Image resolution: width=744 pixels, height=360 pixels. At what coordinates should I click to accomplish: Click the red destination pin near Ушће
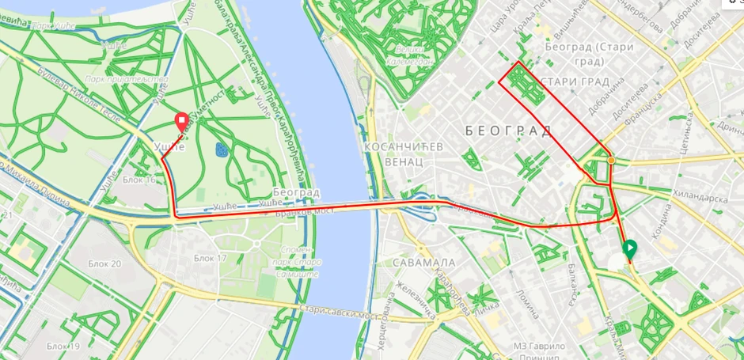coord(182,122)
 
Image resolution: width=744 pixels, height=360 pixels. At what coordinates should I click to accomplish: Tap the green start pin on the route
coord(629,250)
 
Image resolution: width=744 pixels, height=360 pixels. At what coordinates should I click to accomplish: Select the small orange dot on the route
coord(611,161)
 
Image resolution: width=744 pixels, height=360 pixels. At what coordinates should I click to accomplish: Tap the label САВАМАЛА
coord(426,262)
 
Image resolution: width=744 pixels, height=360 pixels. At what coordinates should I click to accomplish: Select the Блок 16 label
coord(139,180)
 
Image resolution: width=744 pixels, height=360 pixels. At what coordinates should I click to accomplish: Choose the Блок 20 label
coord(105,263)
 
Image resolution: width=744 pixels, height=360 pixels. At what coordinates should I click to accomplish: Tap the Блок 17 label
coord(210,259)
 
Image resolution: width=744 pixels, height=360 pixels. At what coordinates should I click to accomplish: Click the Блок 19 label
coord(63,346)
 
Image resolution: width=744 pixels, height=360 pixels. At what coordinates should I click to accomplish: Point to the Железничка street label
coord(417,301)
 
